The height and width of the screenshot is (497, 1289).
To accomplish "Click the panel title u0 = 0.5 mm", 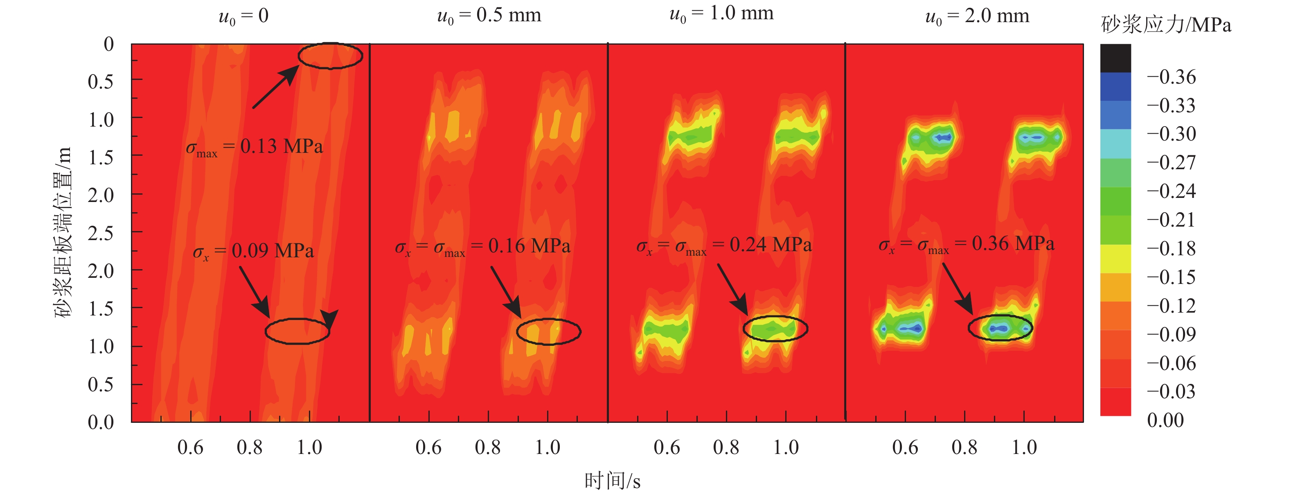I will coord(489,16).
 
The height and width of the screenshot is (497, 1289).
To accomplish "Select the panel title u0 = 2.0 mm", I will coord(977,16).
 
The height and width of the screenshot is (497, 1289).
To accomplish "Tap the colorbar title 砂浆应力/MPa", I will coord(1165,25).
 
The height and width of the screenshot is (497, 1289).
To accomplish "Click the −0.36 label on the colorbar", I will coord(1171,77).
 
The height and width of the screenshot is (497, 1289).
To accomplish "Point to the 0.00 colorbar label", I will coord(1165,420).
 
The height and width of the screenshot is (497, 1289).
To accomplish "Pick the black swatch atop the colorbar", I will coord(1115,58).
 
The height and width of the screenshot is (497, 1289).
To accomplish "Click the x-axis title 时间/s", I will coord(612,481).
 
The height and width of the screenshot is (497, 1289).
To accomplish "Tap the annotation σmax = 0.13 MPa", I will coord(254,147).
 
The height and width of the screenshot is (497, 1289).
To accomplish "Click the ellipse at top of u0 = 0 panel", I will coord(330,56).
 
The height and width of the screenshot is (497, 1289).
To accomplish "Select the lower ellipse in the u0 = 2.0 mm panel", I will coord(1000,328).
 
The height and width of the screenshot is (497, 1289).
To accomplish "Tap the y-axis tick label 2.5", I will coord(101,234).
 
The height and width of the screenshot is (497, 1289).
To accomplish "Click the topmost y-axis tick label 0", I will coord(108,44).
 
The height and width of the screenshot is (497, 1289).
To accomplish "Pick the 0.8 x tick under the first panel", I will coord(250,447).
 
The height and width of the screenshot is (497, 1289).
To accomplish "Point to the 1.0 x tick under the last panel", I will coord(1024,447).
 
